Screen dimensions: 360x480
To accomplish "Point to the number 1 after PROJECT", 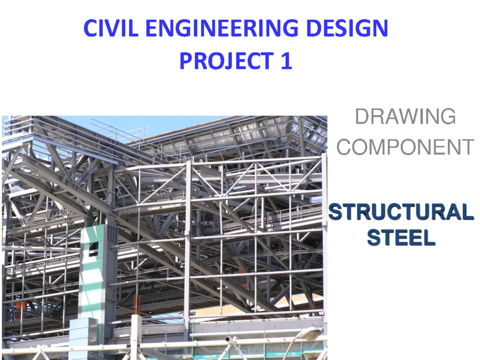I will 285,61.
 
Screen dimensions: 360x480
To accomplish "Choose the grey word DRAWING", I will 405,117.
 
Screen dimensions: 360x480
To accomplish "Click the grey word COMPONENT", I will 405,147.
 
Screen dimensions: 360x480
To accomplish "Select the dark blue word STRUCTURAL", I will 401,212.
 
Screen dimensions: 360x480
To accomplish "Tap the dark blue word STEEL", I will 401,239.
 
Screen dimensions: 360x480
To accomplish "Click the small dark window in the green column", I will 93,249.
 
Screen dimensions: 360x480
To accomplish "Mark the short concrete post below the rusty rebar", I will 136,332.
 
